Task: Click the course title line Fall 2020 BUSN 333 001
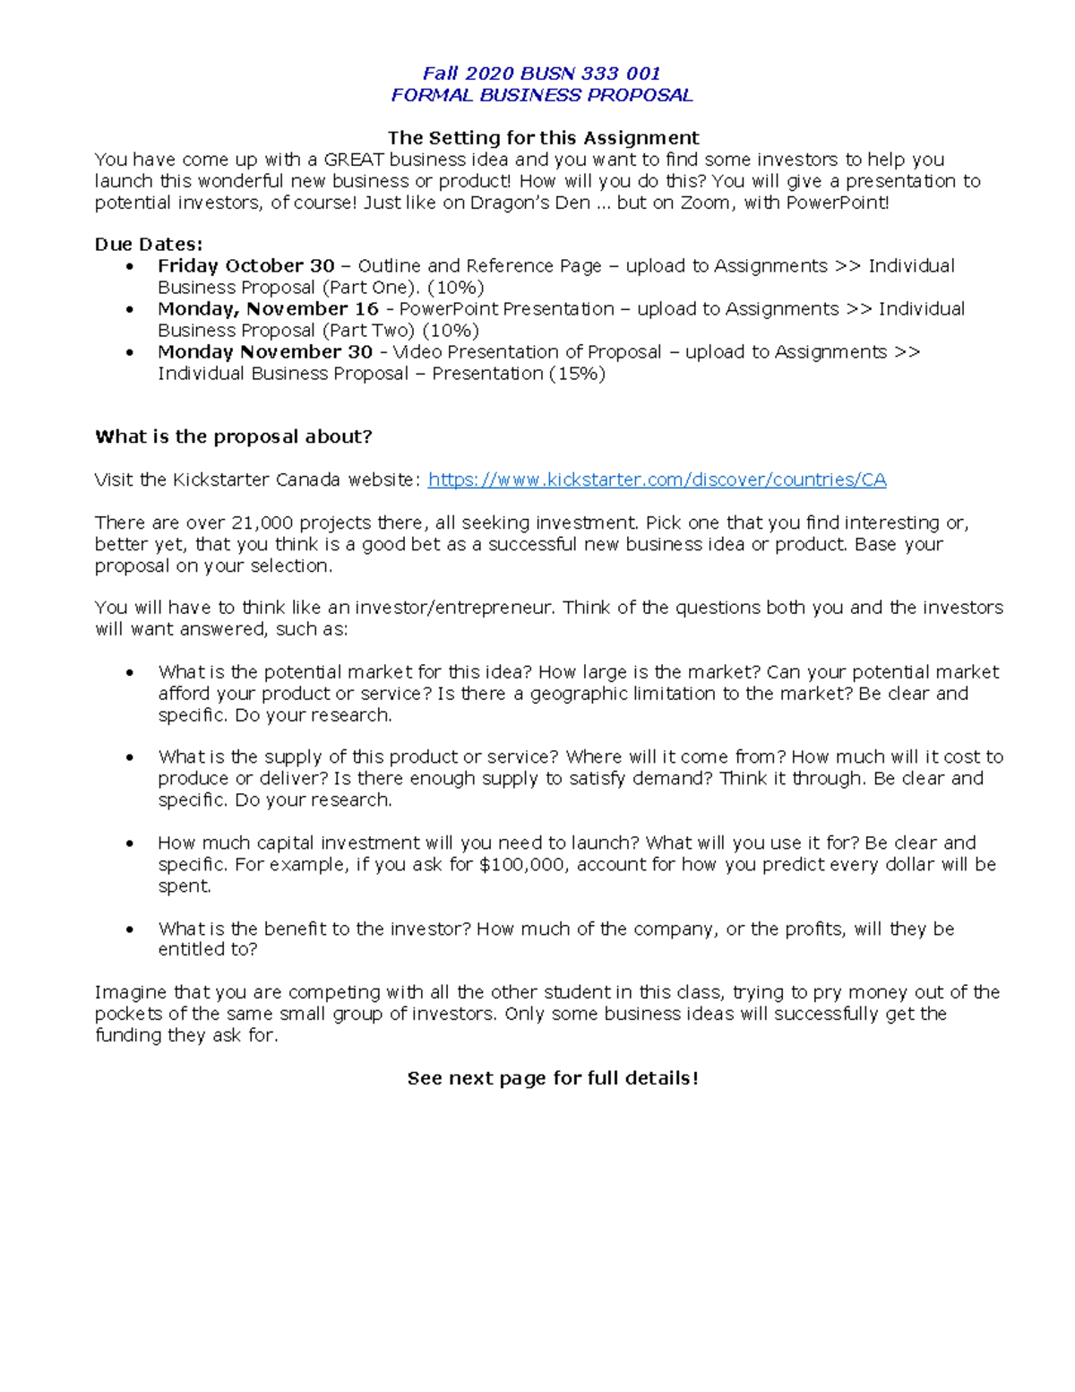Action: pyautogui.click(x=541, y=73)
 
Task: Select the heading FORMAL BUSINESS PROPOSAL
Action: pyautogui.click(x=541, y=95)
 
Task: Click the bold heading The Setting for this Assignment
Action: pyautogui.click(x=543, y=138)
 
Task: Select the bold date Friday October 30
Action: pyautogui.click(x=245, y=266)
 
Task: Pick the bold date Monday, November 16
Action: pyautogui.click(x=268, y=309)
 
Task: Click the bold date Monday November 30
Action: pyautogui.click(x=264, y=352)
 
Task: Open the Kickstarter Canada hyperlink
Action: pyautogui.click(x=657, y=480)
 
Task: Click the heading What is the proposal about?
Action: pyautogui.click(x=233, y=437)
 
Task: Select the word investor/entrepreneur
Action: pyautogui.click(x=454, y=608)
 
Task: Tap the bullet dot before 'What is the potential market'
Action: pyautogui.click(x=131, y=672)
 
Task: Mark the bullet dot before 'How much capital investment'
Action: pyautogui.click(x=131, y=843)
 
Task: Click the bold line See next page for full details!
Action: pyautogui.click(x=553, y=1078)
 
